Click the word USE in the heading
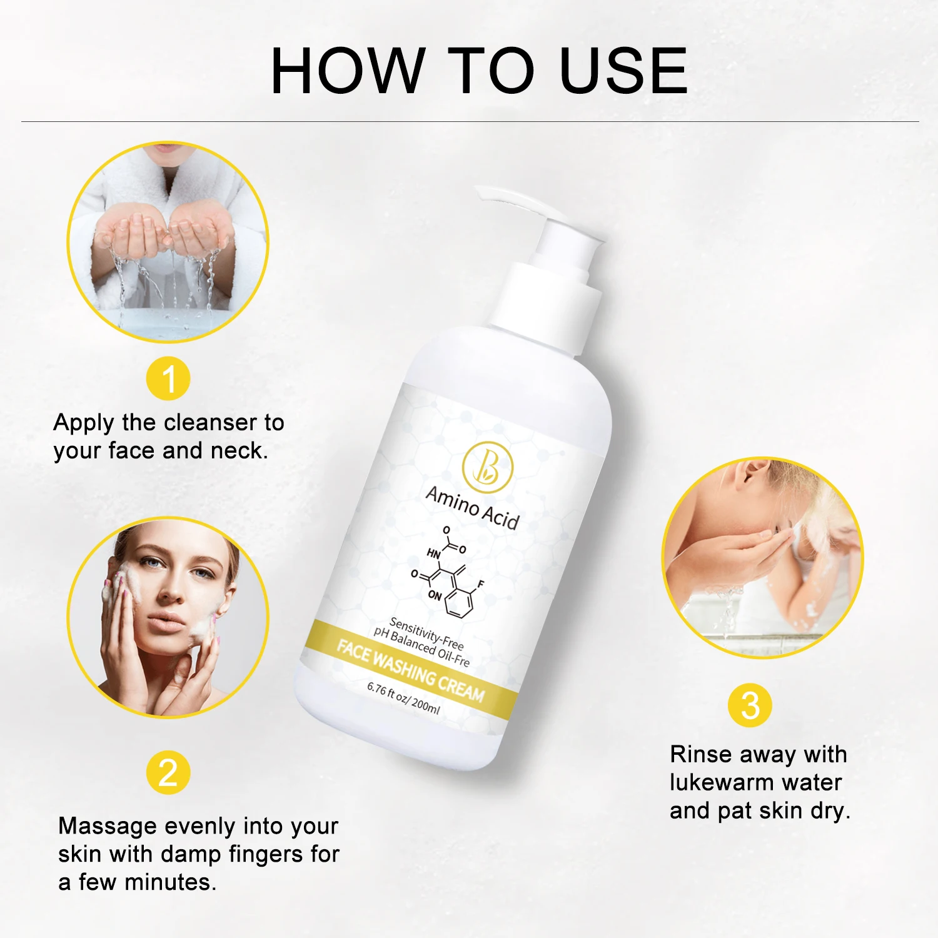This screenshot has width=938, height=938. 623,71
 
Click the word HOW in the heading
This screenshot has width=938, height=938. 348,71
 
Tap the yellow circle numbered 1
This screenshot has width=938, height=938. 168,379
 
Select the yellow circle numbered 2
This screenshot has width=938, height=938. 168,773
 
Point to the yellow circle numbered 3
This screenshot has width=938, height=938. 750,705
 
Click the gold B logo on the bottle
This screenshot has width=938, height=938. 487,466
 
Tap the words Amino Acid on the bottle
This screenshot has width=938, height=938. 472,508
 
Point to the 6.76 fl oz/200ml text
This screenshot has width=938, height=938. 403,698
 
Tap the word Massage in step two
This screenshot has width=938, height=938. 108,827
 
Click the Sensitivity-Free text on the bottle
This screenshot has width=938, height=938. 426,633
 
